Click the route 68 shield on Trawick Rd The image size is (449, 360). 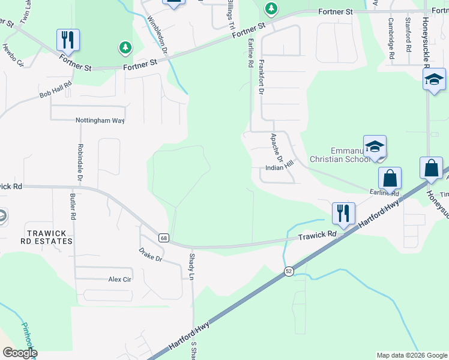(164, 238)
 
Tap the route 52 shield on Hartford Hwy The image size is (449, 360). (289, 271)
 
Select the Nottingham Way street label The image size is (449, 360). (100, 120)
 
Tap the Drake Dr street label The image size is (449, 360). (151, 254)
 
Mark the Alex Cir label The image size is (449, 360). (119, 280)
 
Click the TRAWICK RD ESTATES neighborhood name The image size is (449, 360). (49, 236)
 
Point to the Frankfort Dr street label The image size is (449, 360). (261, 77)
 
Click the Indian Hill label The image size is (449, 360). (279, 167)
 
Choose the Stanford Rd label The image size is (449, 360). (408, 37)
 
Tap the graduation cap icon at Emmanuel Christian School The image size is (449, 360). (374, 146)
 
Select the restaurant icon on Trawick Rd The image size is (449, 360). (343, 212)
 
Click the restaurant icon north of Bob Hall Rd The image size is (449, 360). (68, 40)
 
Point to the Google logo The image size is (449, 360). (19, 353)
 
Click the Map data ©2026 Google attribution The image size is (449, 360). (411, 355)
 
